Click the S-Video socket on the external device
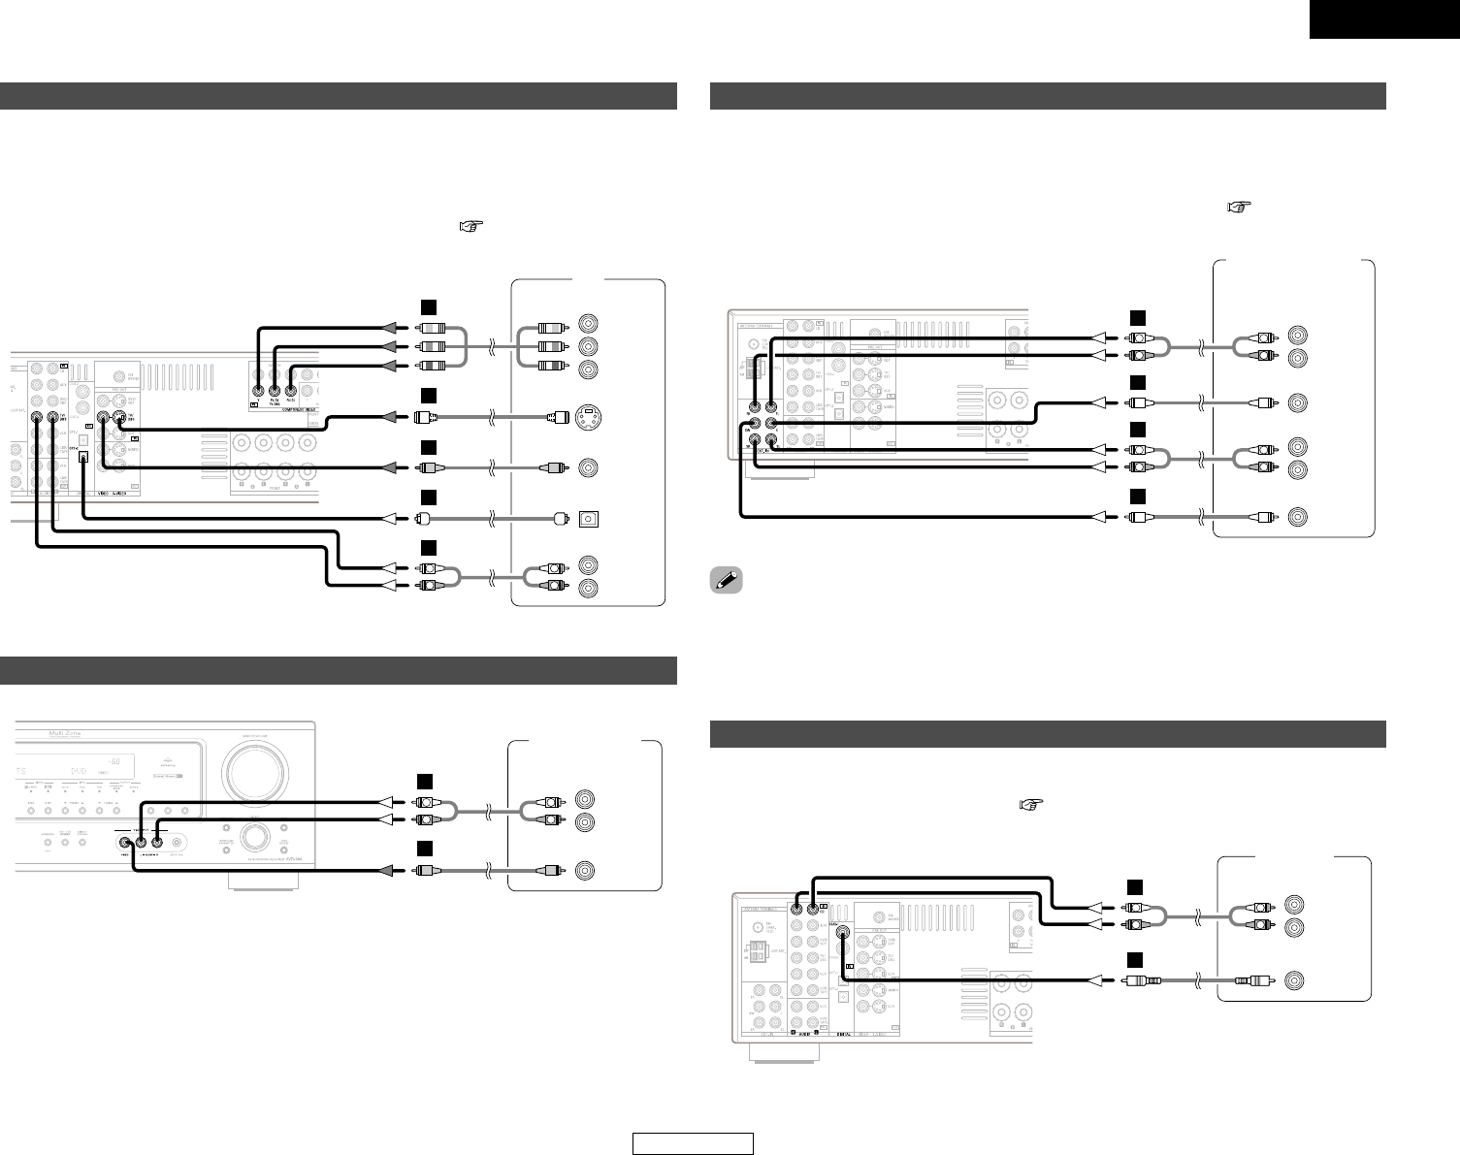pyautogui.click(x=588, y=418)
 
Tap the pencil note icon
pyautogui.click(x=723, y=580)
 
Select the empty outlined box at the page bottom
pyautogui.click(x=693, y=1144)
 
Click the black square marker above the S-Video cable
pyautogui.click(x=427, y=396)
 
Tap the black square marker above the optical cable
pyautogui.click(x=427, y=497)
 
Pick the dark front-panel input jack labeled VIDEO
pyautogui.click(x=126, y=842)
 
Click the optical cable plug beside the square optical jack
pyautogui.click(x=559, y=518)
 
